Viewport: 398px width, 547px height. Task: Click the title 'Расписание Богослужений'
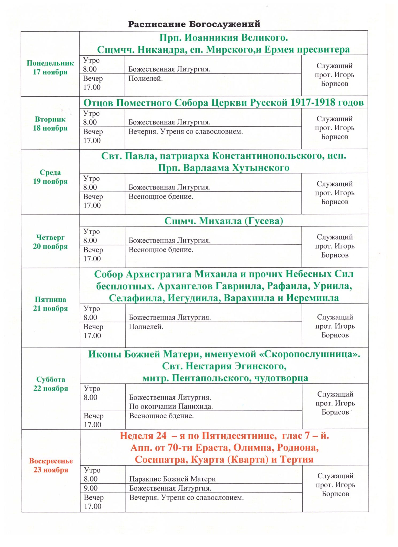(x=194, y=24)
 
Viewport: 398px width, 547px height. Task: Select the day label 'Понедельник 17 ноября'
(x=50, y=68)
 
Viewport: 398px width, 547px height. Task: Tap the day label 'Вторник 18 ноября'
(x=50, y=124)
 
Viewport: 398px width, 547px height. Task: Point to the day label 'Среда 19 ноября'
(x=50, y=177)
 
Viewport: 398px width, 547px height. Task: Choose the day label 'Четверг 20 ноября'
(x=50, y=242)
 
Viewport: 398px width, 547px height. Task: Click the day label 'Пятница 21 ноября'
(x=51, y=304)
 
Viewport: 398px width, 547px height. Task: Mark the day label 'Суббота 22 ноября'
(x=51, y=384)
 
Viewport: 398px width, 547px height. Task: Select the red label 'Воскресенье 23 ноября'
(x=51, y=466)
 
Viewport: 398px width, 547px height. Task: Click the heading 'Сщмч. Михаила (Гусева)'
(x=223, y=221)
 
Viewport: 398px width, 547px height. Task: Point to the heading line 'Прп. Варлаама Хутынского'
(x=223, y=168)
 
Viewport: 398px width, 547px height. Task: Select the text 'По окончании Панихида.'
(x=171, y=407)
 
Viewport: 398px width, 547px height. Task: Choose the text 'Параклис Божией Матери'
(x=172, y=479)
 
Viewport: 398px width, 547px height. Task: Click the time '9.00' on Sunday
(x=91, y=488)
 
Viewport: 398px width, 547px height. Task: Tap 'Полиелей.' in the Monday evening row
(x=145, y=79)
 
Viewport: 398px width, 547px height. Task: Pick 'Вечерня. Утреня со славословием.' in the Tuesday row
(x=186, y=132)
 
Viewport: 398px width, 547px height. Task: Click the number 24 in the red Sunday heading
(x=161, y=436)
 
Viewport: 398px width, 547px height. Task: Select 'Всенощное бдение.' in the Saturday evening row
(x=161, y=416)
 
